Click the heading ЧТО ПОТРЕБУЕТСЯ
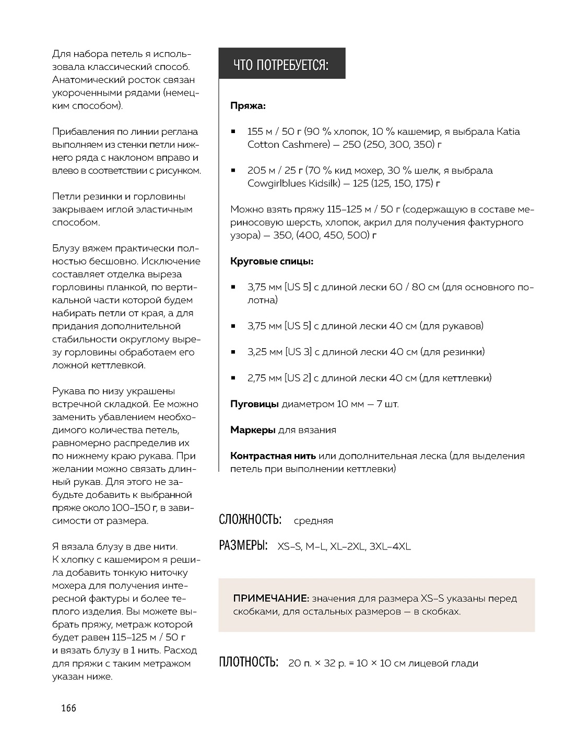click(x=281, y=65)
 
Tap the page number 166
click(x=68, y=708)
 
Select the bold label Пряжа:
click(x=248, y=106)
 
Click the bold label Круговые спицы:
click(x=272, y=261)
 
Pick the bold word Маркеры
click(x=253, y=430)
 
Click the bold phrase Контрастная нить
click(x=273, y=456)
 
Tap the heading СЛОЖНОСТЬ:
click(x=250, y=520)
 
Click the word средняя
click(x=313, y=521)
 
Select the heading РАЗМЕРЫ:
click(x=243, y=546)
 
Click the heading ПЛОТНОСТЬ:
click(x=249, y=663)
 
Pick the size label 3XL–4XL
click(x=390, y=547)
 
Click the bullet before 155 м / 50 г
click(x=234, y=132)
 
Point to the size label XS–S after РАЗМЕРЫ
click(x=288, y=547)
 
